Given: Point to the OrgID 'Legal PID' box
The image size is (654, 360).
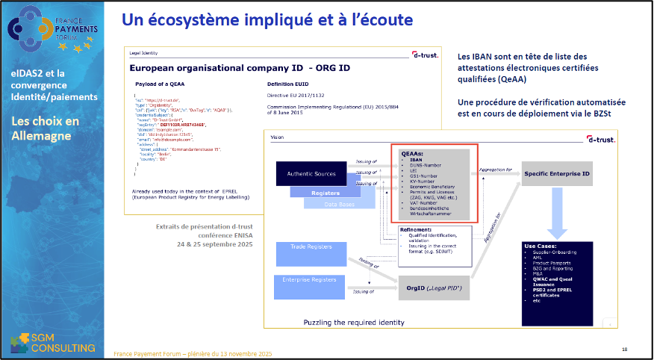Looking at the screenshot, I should pos(433,288).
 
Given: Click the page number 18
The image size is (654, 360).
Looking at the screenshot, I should pos(625,349).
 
